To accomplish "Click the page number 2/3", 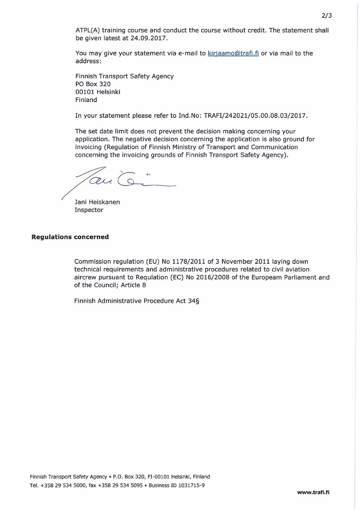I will [x=327, y=15].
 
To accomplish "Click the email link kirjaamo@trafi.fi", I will [x=233, y=53].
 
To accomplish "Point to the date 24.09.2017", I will [x=149, y=38].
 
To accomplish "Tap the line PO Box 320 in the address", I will [x=93, y=84].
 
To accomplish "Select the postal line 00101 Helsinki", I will [x=98, y=92].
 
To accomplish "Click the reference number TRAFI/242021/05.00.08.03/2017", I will [x=256, y=116].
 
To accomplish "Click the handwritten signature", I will [x=120, y=180].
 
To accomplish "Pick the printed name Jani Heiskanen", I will [x=97, y=202].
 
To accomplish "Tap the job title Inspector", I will [x=89, y=210].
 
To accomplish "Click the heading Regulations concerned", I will [x=70, y=237].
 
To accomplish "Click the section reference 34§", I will [x=194, y=301].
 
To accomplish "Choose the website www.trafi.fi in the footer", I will [x=313, y=493].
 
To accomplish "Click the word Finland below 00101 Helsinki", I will [x=86, y=100].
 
